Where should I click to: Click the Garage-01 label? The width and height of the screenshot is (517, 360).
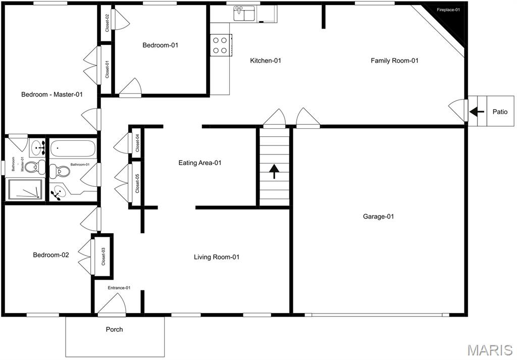click(x=378, y=217)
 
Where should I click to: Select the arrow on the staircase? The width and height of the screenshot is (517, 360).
click(x=274, y=172)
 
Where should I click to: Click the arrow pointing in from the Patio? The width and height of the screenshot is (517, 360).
click(x=476, y=112)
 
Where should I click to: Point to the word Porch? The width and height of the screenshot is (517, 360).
click(x=114, y=330)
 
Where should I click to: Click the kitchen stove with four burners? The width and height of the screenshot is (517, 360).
click(x=220, y=45)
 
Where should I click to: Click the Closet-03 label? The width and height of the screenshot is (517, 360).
click(x=103, y=256)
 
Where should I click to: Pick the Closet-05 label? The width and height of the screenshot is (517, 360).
click(x=137, y=184)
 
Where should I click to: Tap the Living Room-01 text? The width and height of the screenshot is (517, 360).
click(x=217, y=257)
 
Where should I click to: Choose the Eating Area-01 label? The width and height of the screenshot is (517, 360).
click(x=200, y=163)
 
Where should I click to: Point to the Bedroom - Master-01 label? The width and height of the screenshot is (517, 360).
click(x=51, y=94)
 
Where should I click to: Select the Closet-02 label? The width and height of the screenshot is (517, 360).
click(x=107, y=23)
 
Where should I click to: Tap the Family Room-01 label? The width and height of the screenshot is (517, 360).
click(x=395, y=61)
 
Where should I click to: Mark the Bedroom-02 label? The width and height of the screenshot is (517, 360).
click(x=51, y=255)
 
